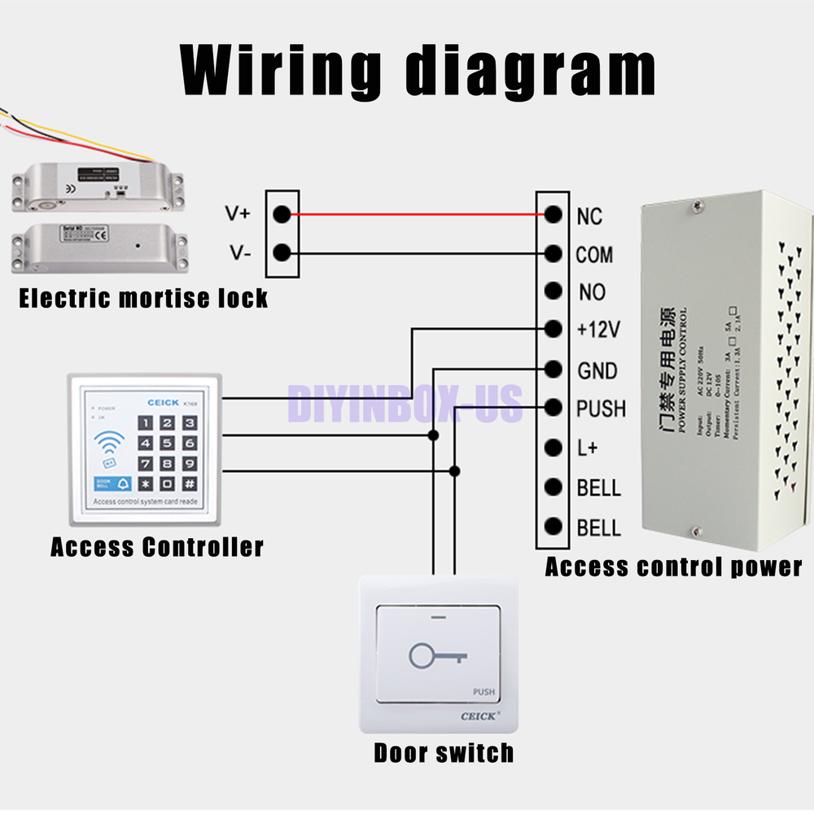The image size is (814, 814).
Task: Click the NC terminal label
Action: (x=589, y=216)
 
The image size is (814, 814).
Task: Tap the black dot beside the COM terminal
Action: (x=554, y=254)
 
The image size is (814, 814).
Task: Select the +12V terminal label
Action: (x=598, y=330)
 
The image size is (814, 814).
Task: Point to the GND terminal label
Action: (x=597, y=370)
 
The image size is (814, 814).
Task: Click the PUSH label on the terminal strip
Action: (x=601, y=408)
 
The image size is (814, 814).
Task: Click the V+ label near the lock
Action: (x=239, y=215)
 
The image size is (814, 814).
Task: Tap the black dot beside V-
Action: (x=282, y=253)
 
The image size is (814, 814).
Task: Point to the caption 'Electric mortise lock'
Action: (x=143, y=299)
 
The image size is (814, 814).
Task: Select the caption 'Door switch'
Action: (x=444, y=752)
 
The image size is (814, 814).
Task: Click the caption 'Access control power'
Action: (x=673, y=567)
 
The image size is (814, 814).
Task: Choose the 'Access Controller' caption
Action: (x=157, y=546)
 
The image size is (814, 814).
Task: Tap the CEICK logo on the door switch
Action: (x=479, y=716)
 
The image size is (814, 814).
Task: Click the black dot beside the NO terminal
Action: (x=554, y=291)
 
